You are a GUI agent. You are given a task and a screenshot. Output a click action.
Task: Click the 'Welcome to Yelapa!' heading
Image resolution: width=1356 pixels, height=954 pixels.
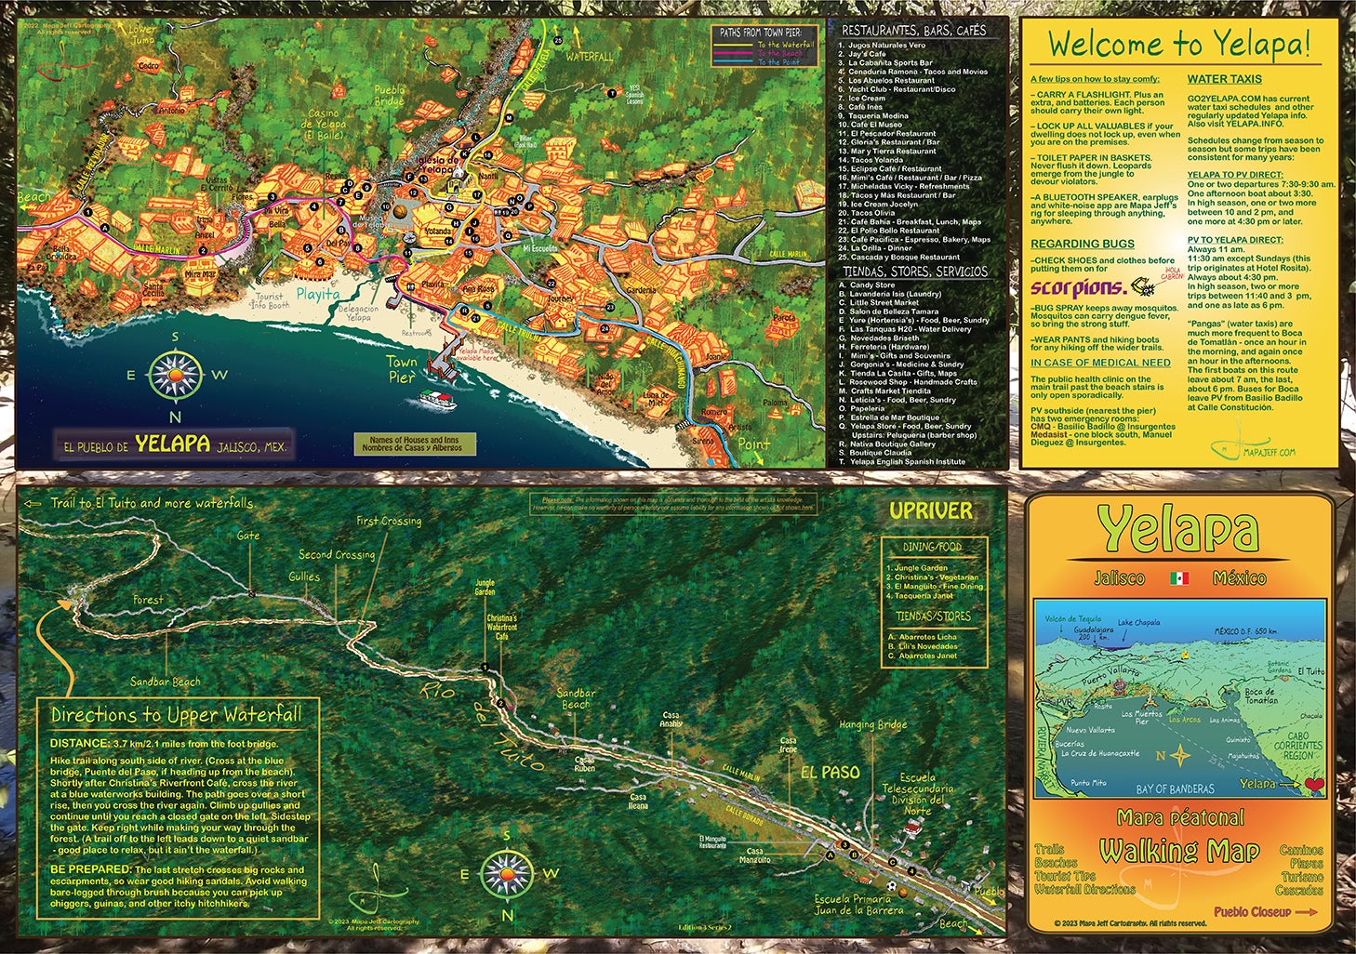1178,43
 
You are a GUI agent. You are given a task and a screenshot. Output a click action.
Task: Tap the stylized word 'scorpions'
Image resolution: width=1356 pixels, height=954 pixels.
1078,288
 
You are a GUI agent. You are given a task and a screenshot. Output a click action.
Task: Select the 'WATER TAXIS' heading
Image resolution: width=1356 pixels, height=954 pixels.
1224,79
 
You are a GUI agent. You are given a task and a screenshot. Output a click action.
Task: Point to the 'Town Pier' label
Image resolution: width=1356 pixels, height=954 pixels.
401,369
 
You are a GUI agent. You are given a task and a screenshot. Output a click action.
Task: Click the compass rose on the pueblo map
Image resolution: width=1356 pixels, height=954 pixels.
175,376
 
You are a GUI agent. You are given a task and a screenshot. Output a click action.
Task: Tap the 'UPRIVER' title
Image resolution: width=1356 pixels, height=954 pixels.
931,510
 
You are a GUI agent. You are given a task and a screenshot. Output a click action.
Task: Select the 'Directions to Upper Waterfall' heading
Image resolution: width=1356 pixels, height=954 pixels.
176,715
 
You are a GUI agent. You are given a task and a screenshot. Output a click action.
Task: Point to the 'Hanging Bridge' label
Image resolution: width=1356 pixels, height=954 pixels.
872,724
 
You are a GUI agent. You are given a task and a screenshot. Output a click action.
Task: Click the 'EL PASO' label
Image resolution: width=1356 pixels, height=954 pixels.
830,772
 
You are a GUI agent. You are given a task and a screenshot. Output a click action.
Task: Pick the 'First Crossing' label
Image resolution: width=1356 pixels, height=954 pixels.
389,521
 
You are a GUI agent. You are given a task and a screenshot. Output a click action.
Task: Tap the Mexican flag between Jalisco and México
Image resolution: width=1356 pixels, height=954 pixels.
1179,578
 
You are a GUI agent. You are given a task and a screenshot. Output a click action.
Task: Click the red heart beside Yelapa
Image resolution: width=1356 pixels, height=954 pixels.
1313,784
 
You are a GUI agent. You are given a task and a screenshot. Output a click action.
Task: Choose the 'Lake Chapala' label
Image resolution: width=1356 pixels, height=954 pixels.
1138,623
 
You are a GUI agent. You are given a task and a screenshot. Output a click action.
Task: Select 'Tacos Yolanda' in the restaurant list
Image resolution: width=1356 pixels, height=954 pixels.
876,160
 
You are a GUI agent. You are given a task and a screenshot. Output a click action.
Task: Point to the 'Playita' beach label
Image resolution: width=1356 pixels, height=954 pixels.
318,294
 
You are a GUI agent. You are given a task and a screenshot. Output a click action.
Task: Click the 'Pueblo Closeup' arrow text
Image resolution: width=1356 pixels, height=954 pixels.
1265,912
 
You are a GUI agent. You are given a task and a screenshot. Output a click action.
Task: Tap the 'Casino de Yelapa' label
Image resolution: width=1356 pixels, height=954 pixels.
326,124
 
